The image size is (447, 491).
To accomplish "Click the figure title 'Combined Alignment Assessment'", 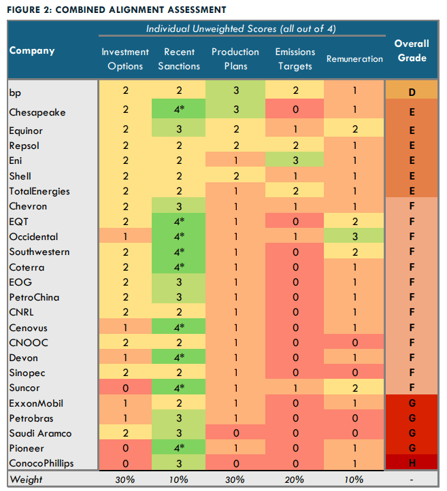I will (x=116, y=9).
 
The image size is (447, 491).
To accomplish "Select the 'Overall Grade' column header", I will (x=412, y=50).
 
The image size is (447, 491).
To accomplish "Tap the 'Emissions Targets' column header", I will (x=295, y=58).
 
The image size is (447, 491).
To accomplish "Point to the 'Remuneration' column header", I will (x=354, y=58).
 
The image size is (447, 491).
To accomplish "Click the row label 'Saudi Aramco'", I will (x=40, y=433).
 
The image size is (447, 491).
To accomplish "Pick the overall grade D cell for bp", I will (x=412, y=90).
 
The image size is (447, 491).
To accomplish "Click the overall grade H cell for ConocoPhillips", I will (x=412, y=463).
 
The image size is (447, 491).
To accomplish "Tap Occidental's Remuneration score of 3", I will (x=354, y=237).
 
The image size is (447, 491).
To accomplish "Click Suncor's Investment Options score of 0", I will (x=125, y=388).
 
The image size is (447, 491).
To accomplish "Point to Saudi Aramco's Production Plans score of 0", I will (x=235, y=433).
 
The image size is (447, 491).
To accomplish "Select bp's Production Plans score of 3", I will (x=235, y=90).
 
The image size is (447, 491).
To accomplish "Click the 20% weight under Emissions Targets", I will (x=295, y=479).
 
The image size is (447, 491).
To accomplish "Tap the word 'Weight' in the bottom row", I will (x=26, y=479).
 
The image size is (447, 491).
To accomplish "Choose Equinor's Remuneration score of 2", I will (x=354, y=131).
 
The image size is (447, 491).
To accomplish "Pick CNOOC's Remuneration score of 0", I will (x=354, y=343).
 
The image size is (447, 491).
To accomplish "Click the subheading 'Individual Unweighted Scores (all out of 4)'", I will (x=242, y=29).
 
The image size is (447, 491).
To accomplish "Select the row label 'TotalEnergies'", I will (x=39, y=192).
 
